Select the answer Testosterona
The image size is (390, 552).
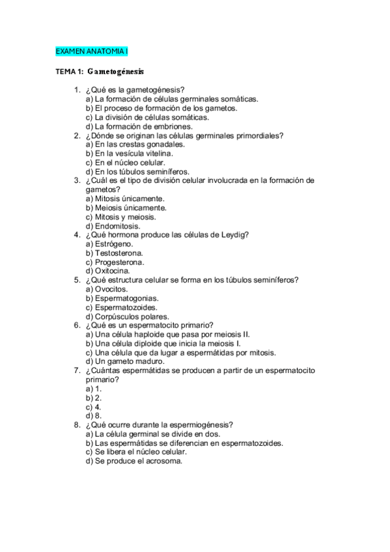tap(115, 253)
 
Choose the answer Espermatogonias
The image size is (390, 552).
tap(122, 297)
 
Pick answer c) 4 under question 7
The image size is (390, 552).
tap(94, 406)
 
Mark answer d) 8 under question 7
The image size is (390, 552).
tap(94, 415)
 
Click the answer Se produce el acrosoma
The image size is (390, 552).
tap(133, 460)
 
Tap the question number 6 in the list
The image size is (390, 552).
tap(77, 325)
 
